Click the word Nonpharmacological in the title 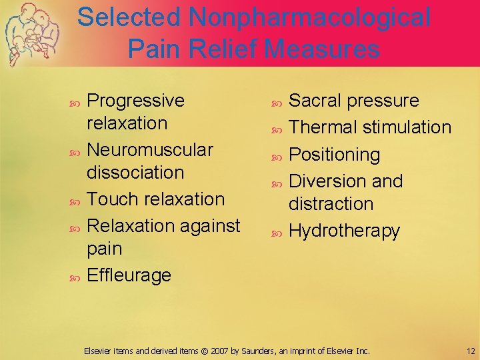309,17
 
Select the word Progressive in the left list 136,101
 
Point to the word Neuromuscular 151,149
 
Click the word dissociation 135,172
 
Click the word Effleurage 129,275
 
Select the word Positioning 334,155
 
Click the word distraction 331,203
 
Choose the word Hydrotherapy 344,231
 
